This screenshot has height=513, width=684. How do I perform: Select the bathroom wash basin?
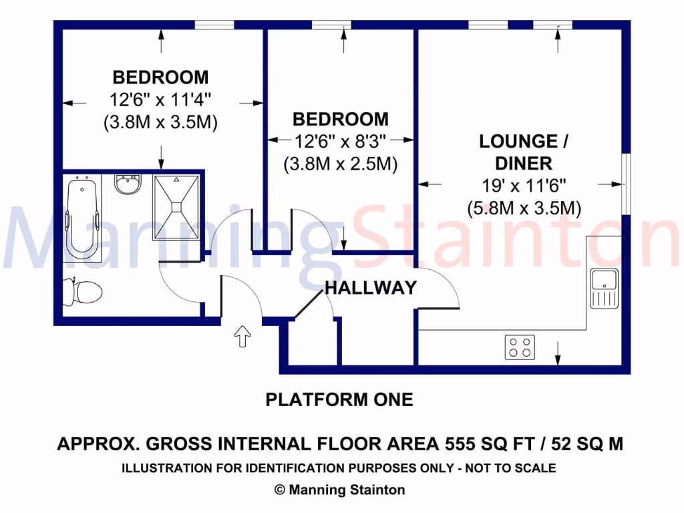(127, 184)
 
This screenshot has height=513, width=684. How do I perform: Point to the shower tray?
(177, 206)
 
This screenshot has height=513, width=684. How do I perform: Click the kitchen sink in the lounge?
(604, 288)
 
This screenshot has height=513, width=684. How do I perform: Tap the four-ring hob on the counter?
(520, 346)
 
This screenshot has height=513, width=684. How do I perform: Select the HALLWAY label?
(370, 288)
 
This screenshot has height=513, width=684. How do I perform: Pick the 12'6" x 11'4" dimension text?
(160, 100)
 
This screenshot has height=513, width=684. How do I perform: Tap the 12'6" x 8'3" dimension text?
(341, 141)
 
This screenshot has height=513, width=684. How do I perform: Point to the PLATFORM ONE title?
(339, 400)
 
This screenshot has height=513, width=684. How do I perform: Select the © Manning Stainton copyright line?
(339, 490)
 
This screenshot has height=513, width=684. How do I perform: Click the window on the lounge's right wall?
(625, 184)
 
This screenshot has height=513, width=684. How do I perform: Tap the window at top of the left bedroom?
(214, 25)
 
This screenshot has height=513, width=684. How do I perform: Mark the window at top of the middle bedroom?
(331, 25)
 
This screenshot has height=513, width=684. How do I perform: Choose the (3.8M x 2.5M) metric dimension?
(341, 164)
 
